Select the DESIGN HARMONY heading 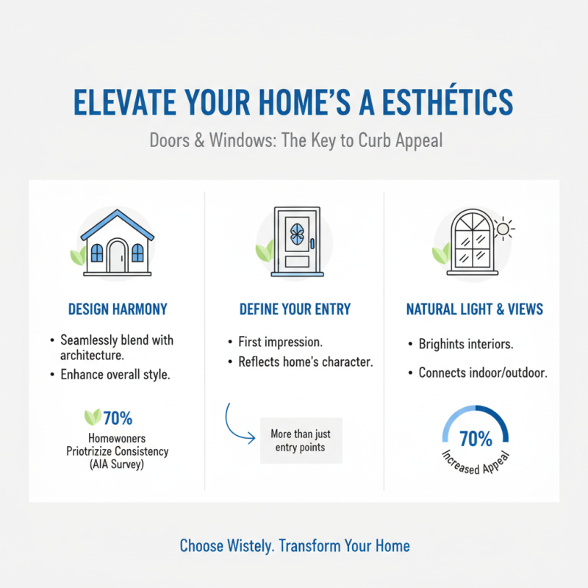pos(117,309)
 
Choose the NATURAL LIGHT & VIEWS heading pos(475,309)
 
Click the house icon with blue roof pos(117,243)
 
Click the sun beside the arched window pos(503,229)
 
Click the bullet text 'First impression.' pos(279,343)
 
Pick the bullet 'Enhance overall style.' pos(115,376)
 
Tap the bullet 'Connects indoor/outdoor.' pos(482,373)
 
